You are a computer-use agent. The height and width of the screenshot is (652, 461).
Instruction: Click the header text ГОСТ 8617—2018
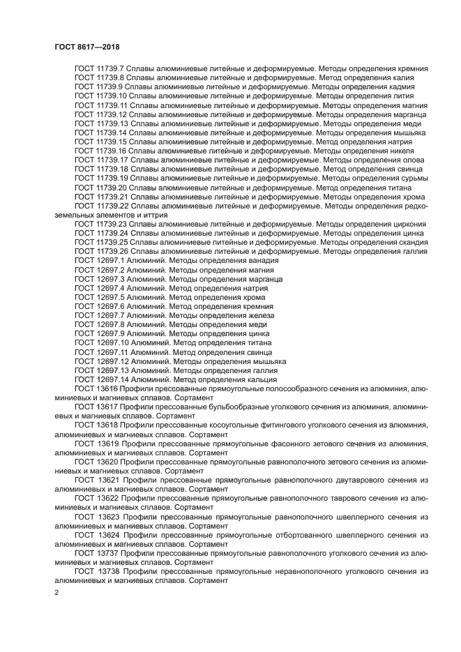click(85, 46)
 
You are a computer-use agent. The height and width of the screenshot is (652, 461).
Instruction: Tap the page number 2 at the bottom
click(57, 593)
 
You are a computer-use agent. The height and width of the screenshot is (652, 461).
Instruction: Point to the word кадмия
click(411, 86)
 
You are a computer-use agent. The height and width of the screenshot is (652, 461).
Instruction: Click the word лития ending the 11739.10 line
click(413, 96)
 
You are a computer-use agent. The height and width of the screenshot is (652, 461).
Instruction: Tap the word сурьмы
click(411, 178)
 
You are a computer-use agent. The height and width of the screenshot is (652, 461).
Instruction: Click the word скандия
click(410, 242)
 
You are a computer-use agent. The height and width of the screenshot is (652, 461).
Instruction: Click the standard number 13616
click(107, 388)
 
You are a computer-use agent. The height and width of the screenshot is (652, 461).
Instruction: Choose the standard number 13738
click(107, 571)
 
